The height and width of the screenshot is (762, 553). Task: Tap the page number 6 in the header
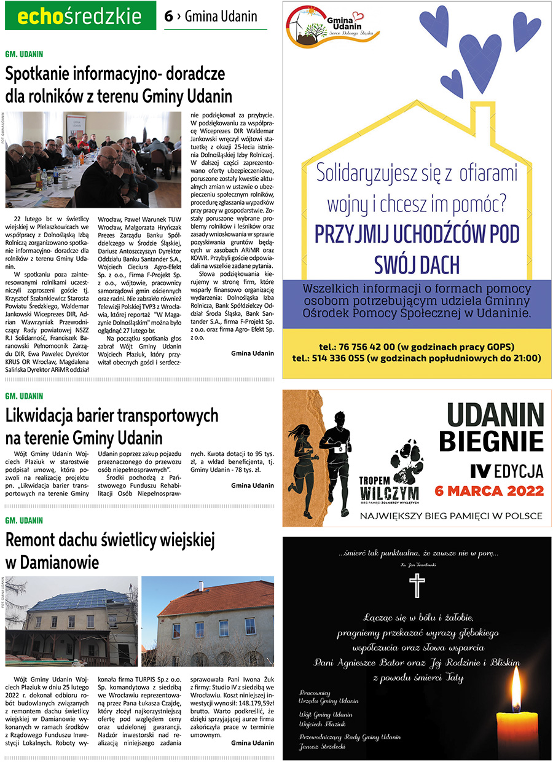tap(168, 17)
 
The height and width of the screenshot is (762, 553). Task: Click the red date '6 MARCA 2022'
tap(488, 490)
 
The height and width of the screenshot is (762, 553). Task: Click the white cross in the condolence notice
tap(417, 584)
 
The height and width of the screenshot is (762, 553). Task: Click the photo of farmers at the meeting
tap(93, 160)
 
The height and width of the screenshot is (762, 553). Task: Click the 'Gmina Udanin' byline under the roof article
tap(253, 743)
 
